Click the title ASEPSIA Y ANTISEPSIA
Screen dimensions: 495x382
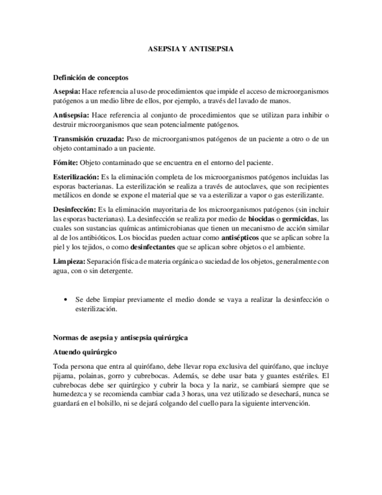point(191,50)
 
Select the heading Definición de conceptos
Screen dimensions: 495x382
point(90,78)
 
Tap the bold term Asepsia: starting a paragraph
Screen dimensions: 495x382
point(66,92)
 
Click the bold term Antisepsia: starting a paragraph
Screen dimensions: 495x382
point(71,115)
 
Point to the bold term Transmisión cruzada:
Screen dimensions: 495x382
point(88,138)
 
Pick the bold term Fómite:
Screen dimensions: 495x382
point(65,162)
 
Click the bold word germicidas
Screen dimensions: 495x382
point(300,218)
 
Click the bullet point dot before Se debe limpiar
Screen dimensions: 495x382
point(65,299)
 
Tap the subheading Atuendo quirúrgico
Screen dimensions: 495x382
point(85,353)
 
